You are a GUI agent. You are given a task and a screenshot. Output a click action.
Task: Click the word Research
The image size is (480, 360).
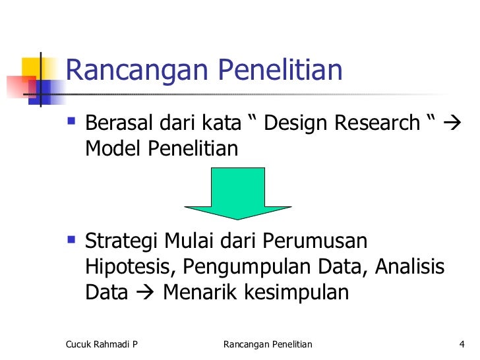point(378,123)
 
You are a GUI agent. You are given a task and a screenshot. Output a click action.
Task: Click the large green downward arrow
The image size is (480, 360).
point(237,193)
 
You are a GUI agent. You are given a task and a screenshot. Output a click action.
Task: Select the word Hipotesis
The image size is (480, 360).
point(130,267)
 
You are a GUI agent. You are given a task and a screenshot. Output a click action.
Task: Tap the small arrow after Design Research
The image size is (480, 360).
point(455,124)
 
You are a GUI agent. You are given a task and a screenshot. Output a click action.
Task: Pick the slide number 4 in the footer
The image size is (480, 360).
point(462,344)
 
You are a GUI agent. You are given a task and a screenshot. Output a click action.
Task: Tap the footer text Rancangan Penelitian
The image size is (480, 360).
point(268,344)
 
